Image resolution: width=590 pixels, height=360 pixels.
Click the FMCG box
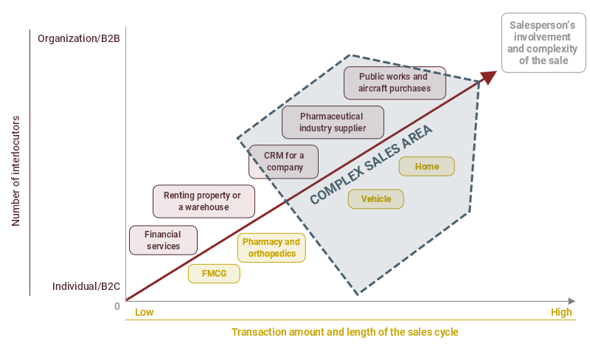click(x=215, y=274)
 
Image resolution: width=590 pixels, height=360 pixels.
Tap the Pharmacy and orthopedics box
click(x=271, y=248)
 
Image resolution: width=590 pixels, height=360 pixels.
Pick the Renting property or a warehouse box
click(x=204, y=201)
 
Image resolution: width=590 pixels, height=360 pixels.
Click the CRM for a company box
click(x=283, y=162)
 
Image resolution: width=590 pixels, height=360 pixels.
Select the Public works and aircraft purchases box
click(x=394, y=83)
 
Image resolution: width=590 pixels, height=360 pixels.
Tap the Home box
click(x=426, y=167)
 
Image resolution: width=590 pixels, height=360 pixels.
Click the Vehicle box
click(x=376, y=199)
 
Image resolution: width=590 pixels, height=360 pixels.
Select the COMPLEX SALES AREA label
click(x=371, y=165)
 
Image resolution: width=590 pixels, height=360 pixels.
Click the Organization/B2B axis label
click(x=79, y=38)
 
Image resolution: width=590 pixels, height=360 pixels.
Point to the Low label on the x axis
click(x=144, y=312)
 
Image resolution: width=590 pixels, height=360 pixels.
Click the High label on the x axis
click(x=561, y=312)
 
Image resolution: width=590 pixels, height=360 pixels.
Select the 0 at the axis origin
click(x=117, y=305)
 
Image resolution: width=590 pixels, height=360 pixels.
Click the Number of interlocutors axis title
click(x=15, y=170)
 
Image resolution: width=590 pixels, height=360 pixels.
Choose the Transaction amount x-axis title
click(x=344, y=332)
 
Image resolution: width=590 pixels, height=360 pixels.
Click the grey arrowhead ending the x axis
click(x=571, y=301)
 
